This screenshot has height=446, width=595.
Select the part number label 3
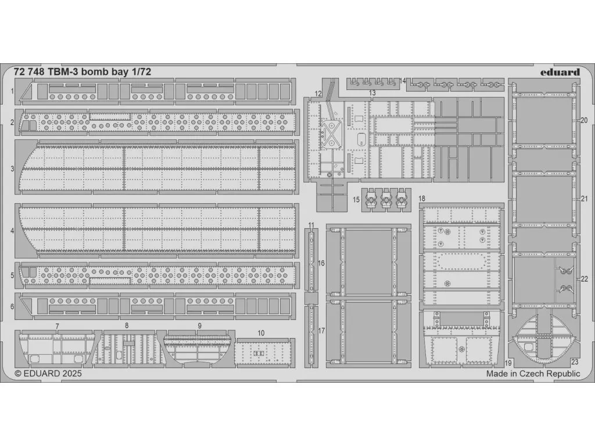[x=12, y=169]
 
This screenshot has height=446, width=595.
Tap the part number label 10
[x=261, y=333]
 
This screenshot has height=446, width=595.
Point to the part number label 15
[x=356, y=200]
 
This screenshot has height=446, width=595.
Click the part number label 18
[x=422, y=199]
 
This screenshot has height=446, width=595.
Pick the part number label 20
[x=584, y=120]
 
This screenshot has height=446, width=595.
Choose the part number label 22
[x=584, y=279]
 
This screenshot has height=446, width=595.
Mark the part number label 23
[x=575, y=362]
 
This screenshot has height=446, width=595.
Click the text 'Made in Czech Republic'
[x=533, y=373]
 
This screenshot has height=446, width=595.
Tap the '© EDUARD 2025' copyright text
[x=48, y=373]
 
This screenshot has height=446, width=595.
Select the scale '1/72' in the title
[x=142, y=72]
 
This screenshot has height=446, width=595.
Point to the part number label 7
[x=58, y=326]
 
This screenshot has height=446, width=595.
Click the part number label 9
[x=200, y=326]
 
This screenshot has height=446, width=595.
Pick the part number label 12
[x=318, y=93]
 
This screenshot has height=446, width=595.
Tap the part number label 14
[x=403, y=81]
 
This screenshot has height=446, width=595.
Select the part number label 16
[x=321, y=263]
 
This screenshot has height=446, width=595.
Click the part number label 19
[x=508, y=363]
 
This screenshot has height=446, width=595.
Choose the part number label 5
[x=12, y=275]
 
